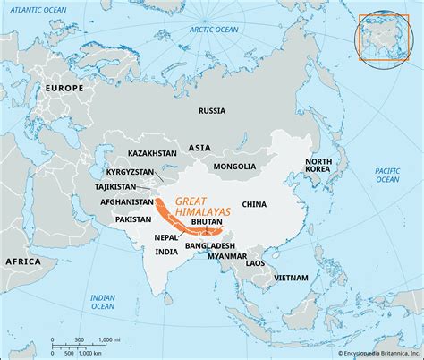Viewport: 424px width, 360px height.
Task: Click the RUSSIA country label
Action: (212, 111)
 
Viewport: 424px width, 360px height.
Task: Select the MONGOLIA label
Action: (234, 167)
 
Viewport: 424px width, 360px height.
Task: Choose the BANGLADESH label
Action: (210, 245)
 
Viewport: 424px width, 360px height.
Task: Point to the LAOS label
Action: (256, 262)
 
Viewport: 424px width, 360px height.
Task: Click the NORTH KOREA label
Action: (318, 167)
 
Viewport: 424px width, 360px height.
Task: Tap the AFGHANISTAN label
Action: (128, 201)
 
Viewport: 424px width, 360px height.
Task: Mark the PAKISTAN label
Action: (134, 219)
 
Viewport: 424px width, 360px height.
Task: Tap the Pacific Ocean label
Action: (386, 174)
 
